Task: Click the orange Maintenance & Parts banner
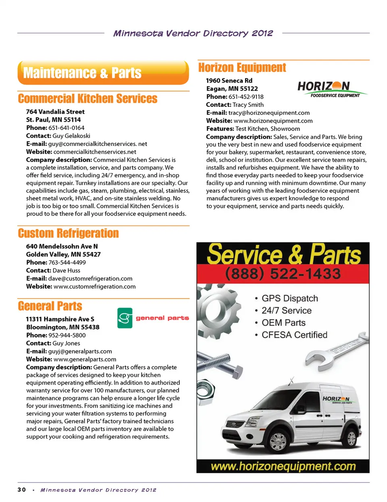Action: (103, 73)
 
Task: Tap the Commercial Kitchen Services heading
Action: (87, 99)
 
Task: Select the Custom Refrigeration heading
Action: (68, 233)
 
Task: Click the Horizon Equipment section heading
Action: (242, 68)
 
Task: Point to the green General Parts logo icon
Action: (125, 318)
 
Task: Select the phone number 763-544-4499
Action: (67, 262)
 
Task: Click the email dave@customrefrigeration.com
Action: (90, 279)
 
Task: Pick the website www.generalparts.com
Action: (85, 359)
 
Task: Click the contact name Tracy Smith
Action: (248, 105)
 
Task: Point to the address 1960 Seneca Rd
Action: (229, 81)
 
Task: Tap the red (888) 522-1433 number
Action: (283, 274)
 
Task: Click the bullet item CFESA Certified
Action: (294, 335)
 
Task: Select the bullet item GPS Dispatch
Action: (289, 298)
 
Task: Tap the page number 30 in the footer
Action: (22, 490)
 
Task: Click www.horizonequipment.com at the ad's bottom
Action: (283, 467)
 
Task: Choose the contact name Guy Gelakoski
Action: (71, 136)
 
